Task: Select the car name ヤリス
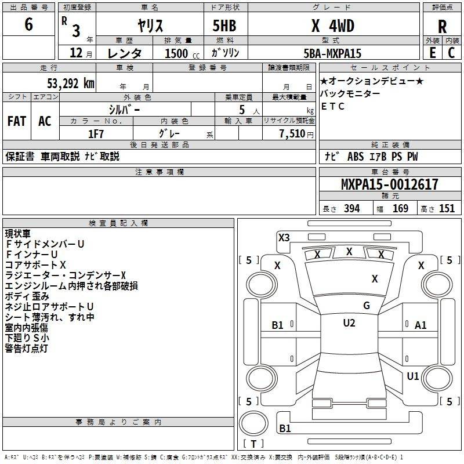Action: (150, 26)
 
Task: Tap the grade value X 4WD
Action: (332, 26)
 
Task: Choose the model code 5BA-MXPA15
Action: (332, 53)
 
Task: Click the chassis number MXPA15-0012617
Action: (390, 184)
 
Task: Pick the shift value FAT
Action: (16, 121)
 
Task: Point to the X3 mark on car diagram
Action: (284, 237)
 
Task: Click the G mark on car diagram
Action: (366, 305)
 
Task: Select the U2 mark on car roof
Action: (349, 323)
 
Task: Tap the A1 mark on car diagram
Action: (420, 325)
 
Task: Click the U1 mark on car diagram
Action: (412, 376)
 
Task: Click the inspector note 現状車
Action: (17, 234)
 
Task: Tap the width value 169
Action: (400, 209)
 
